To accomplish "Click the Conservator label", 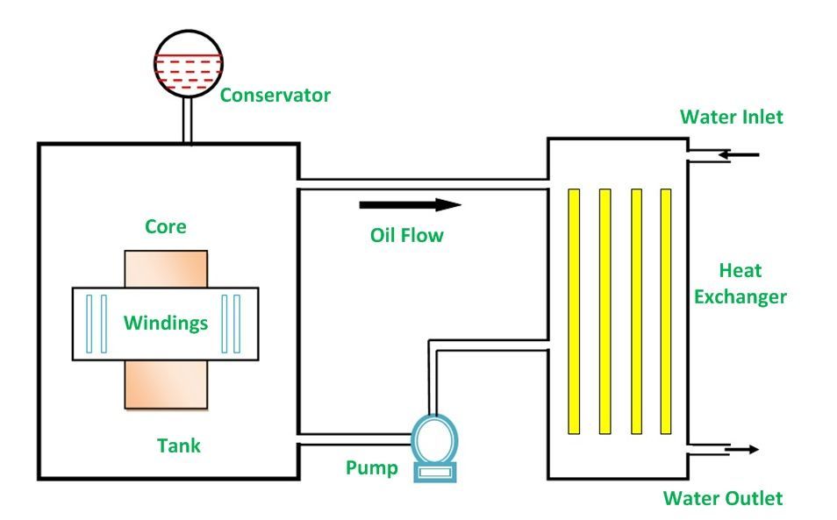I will click(275, 95).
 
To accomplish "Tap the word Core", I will click(165, 226).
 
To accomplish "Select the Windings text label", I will click(165, 323).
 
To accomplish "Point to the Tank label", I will click(178, 445).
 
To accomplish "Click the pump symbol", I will click(434, 438).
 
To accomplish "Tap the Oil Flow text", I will click(406, 235).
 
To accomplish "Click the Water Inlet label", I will click(731, 117).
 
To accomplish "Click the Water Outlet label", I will click(722, 498).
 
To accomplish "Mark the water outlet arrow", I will click(741, 450).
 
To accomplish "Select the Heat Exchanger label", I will click(740, 283).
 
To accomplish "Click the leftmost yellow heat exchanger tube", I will click(573, 311).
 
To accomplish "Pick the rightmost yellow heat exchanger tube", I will click(665, 311).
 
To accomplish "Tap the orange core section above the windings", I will click(166, 267).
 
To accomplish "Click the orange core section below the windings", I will click(166, 384).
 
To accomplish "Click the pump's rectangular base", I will click(433, 472).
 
